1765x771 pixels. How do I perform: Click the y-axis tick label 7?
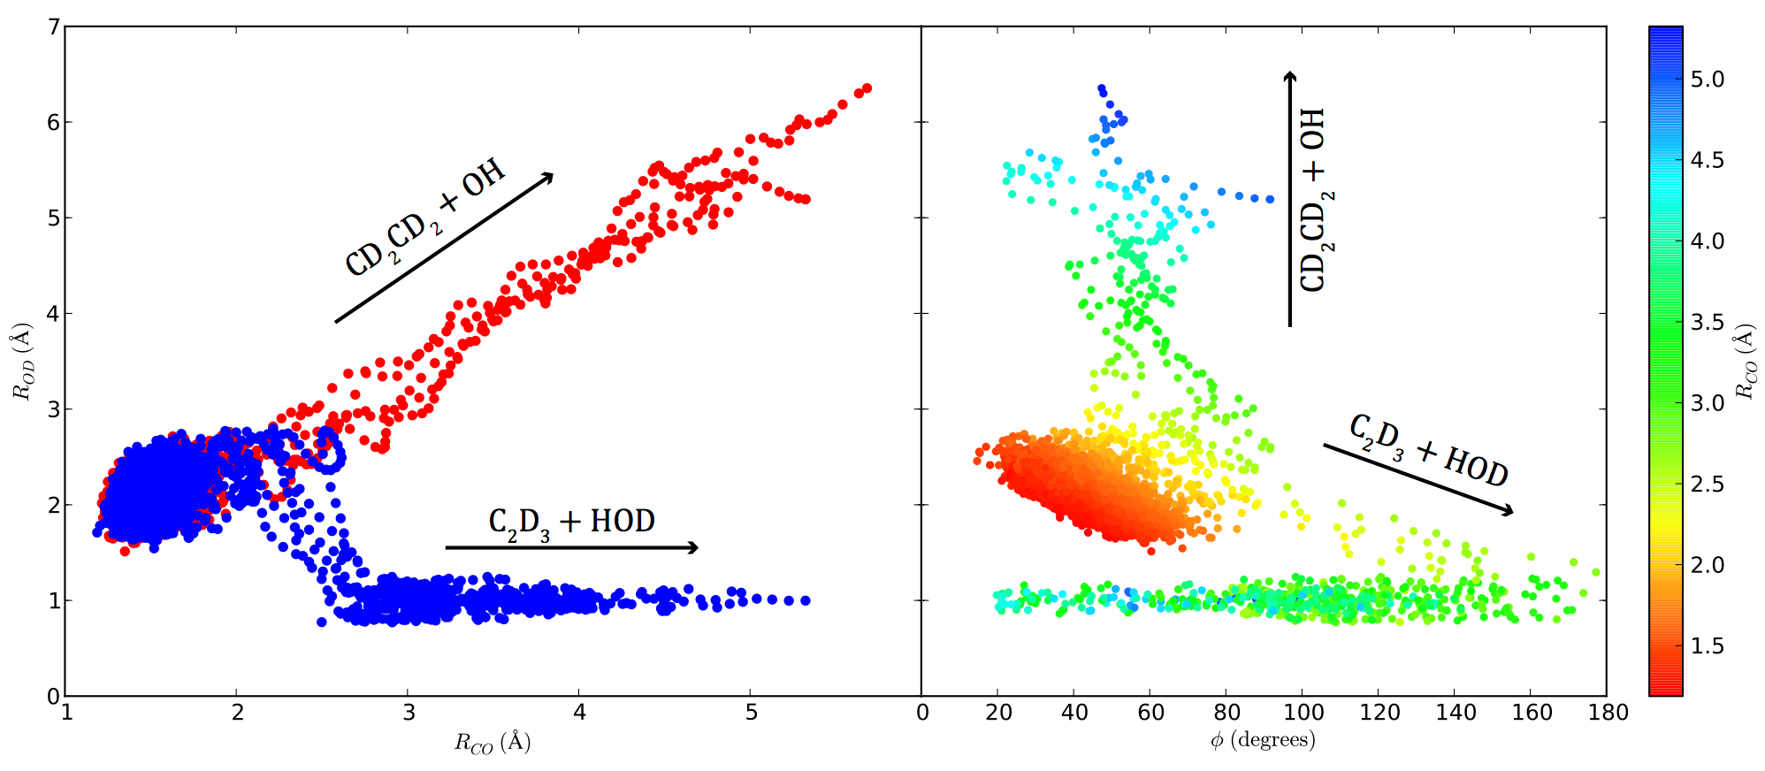(x=53, y=27)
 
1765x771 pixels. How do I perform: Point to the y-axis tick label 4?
(x=53, y=314)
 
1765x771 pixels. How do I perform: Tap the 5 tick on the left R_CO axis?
(x=751, y=713)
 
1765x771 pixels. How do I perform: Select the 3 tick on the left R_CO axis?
(x=409, y=713)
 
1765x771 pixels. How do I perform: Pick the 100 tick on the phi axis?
(x=1303, y=713)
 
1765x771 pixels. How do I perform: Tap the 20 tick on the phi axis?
(x=998, y=713)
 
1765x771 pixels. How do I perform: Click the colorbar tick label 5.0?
(x=1707, y=80)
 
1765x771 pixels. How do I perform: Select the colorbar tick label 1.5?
(x=1707, y=646)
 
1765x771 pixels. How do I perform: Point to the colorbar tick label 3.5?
(x=1707, y=323)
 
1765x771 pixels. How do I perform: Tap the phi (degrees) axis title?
(x=1263, y=740)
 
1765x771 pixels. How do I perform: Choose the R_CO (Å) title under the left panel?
(x=493, y=743)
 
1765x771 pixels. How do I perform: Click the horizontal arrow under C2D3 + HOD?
(x=571, y=548)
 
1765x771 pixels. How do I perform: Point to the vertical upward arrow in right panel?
(x=1289, y=199)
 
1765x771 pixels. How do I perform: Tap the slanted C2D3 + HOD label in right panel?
(x=1428, y=451)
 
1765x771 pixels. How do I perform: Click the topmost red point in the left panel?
(x=867, y=88)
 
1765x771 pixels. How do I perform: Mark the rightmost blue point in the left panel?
(x=806, y=600)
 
